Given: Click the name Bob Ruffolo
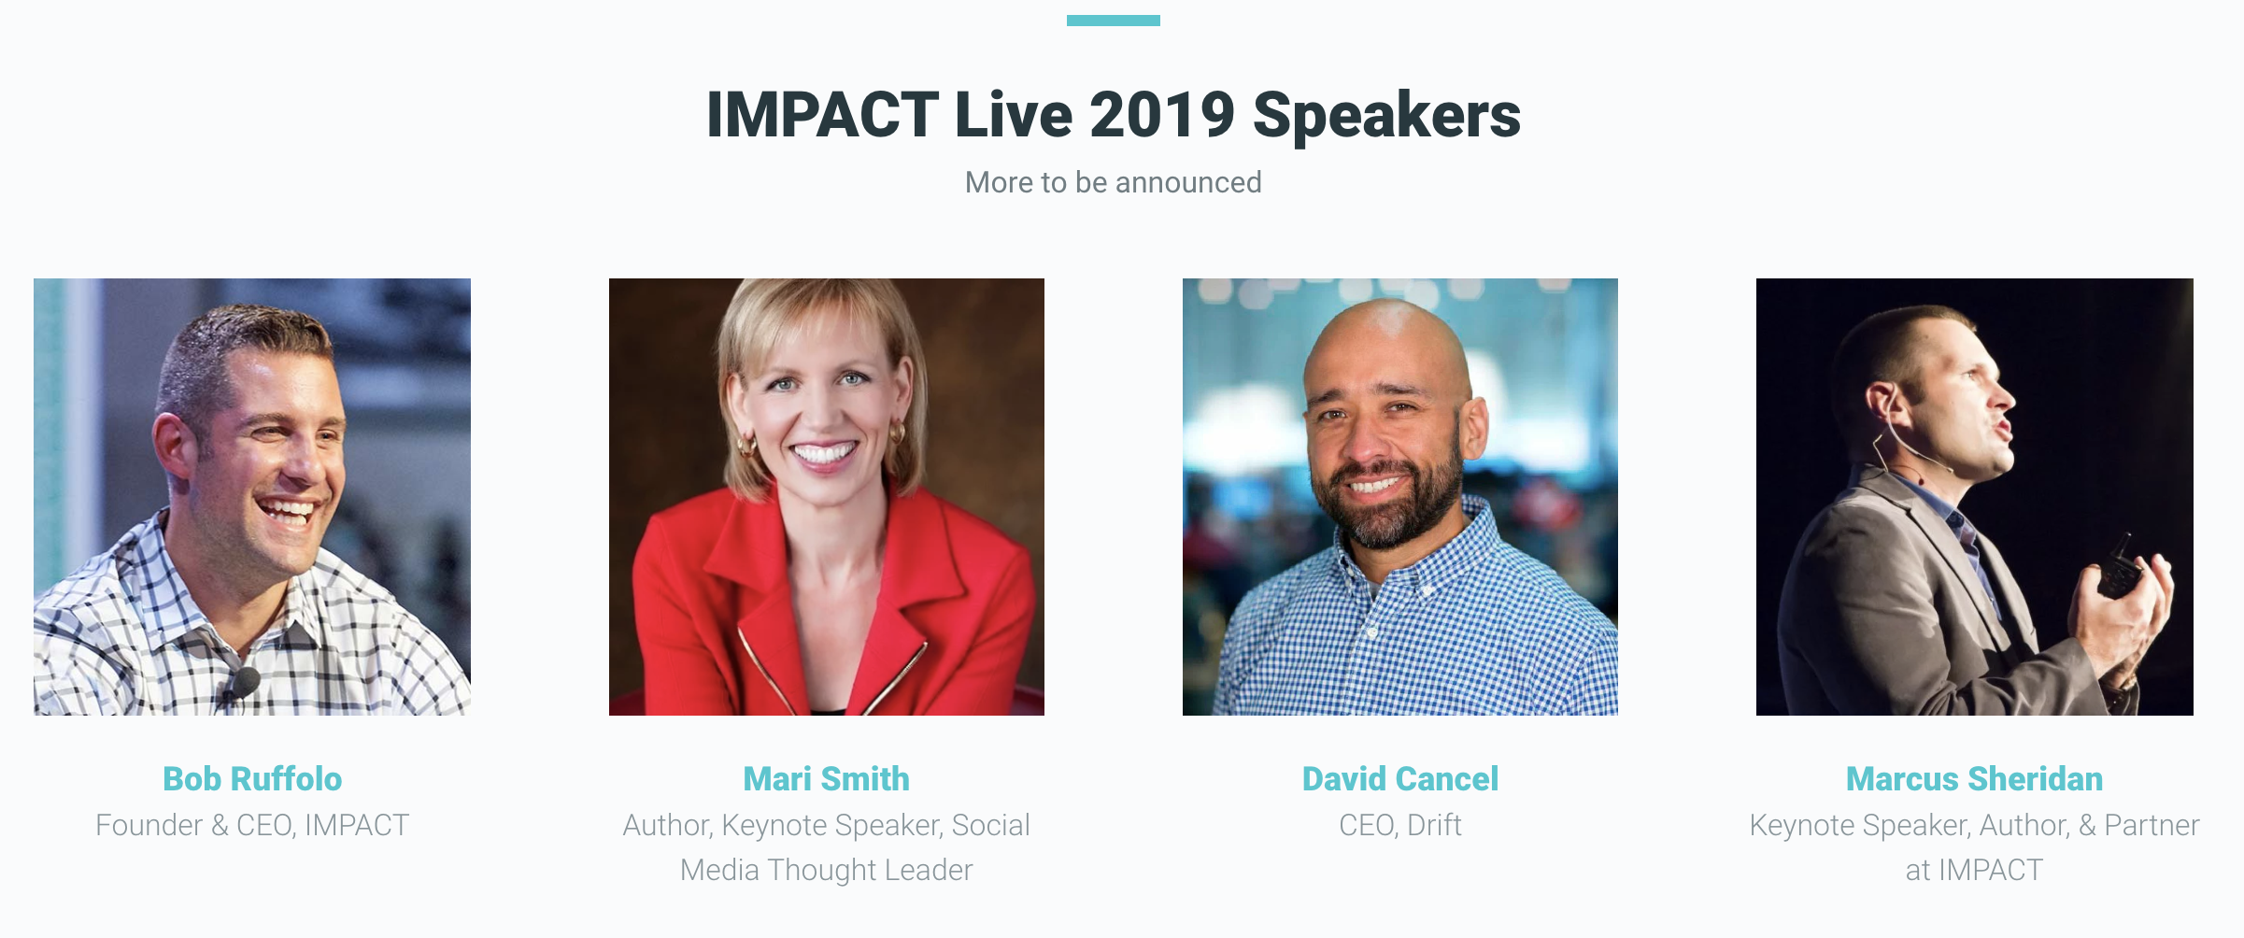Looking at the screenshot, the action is pos(252,778).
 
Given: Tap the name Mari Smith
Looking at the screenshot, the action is pos(826,778).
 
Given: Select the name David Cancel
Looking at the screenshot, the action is pos(1400,778).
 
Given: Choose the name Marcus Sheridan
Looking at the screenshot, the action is pos(1974,778).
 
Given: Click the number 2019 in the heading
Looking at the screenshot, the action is pos(1161,115).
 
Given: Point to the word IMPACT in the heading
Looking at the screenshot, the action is pos(822,115).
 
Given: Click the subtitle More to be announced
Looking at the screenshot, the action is pos(1113,182).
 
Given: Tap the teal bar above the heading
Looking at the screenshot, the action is pos(1114,21).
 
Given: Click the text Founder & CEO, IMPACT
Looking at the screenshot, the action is pos(252,825).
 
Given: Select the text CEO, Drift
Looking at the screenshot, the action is pos(1400,825).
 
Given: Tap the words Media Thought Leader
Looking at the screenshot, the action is pos(826,870).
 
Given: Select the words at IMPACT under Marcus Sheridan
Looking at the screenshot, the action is pos(1974,870).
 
